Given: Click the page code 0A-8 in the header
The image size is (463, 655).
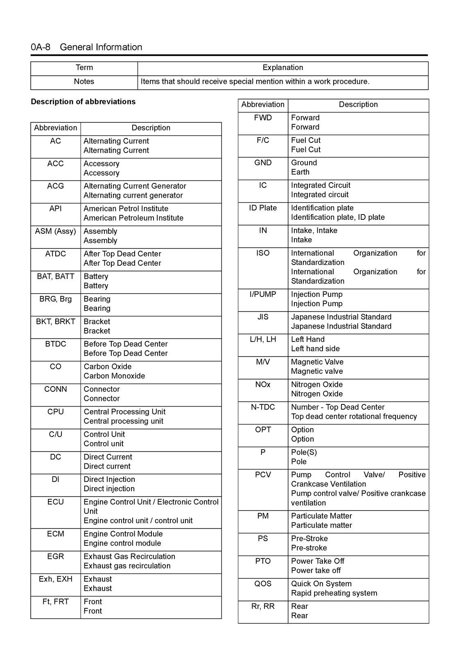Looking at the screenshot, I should click(x=40, y=47).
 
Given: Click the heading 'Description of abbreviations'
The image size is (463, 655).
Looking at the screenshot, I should click(x=83, y=102).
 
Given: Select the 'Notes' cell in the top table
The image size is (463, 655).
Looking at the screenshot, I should click(x=84, y=81).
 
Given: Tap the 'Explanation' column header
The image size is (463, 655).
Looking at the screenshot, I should click(x=282, y=68).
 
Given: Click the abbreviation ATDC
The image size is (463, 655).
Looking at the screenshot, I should click(x=55, y=254).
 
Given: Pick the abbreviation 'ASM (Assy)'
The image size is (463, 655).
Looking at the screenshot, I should click(x=55, y=231).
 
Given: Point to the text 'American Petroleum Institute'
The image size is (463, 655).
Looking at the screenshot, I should click(x=133, y=218).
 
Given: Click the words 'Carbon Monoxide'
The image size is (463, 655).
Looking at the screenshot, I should click(x=114, y=376).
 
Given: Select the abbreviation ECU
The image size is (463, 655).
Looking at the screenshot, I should click(x=55, y=502).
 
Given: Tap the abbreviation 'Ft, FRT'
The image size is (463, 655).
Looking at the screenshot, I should click(x=55, y=601).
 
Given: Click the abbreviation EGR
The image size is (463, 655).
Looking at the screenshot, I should click(x=55, y=556).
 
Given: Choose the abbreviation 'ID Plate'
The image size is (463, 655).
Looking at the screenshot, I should click(x=263, y=208).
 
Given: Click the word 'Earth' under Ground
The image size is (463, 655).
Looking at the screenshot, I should click(x=300, y=172).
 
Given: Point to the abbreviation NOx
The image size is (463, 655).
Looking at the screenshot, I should click(x=263, y=384).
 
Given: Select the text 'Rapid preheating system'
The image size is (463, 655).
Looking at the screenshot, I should click(x=334, y=593).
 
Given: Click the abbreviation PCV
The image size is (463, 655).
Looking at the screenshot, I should click(x=263, y=475).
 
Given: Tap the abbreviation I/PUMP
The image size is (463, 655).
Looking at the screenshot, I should click(x=263, y=294).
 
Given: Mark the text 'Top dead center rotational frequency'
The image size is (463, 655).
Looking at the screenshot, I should click(x=354, y=416).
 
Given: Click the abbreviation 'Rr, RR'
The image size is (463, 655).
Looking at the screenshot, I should click(x=263, y=606).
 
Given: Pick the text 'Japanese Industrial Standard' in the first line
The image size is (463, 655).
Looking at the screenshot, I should click(x=341, y=317).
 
